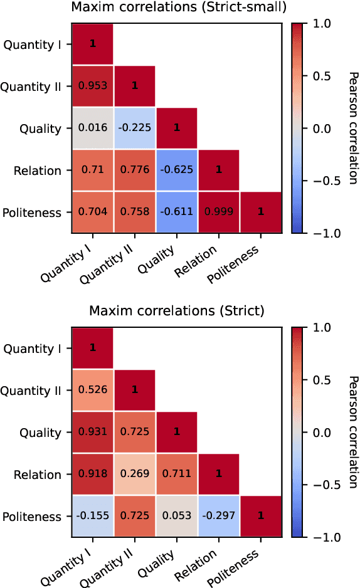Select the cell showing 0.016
pos(92,129)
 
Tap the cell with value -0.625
pos(176,171)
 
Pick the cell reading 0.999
pos(218,213)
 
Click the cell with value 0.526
pos(92,391)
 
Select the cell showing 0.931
pos(92,433)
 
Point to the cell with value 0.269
pos(134,475)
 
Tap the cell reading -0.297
pos(218,517)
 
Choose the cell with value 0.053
pos(176,517)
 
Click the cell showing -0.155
pos(92,517)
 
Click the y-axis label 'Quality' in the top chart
pos(41,129)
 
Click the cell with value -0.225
pos(134,129)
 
